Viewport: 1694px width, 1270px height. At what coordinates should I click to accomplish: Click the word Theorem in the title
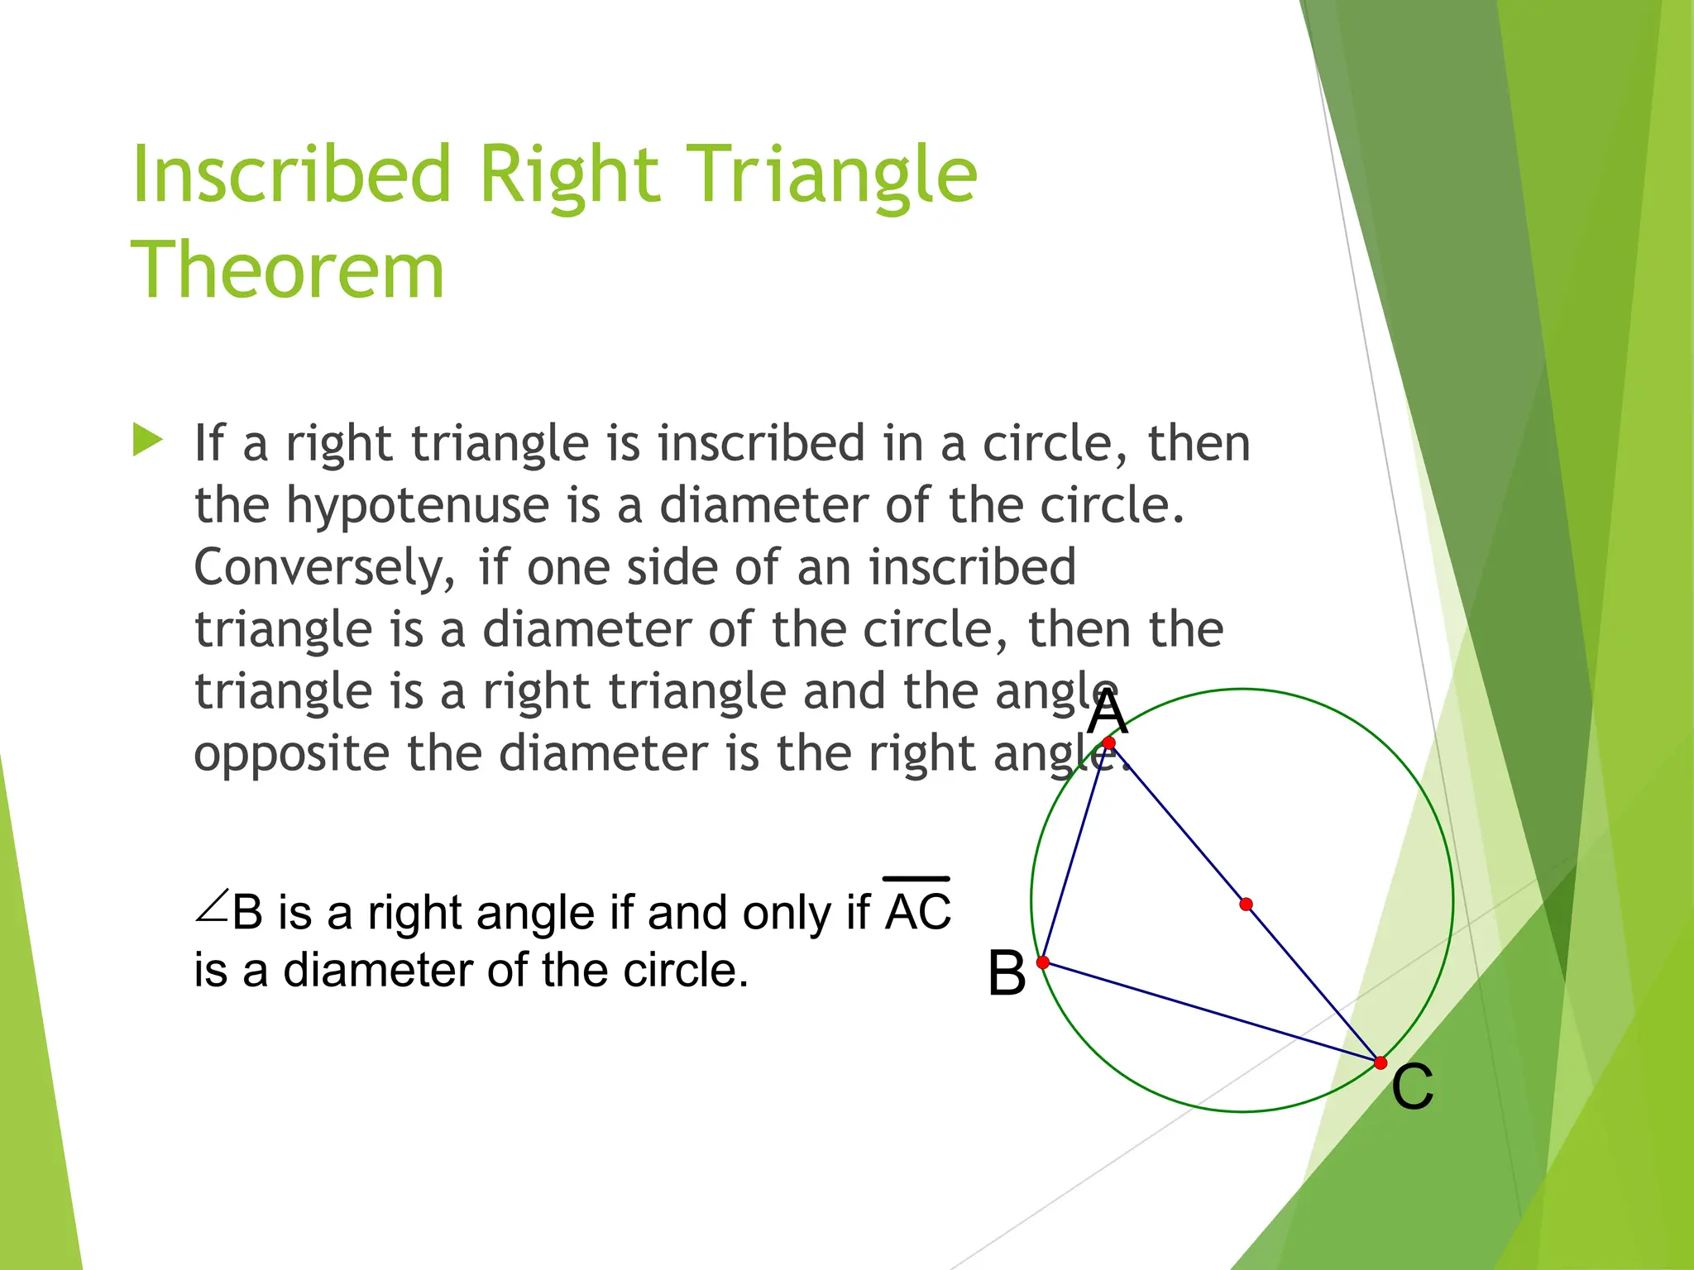tap(288, 270)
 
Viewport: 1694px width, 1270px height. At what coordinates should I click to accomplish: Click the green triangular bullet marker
tap(147, 440)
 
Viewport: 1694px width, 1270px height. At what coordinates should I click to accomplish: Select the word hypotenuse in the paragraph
tap(418, 506)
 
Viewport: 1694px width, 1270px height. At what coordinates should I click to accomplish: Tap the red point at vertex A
tap(1109, 743)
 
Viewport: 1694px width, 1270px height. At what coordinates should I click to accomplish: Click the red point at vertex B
tap(1043, 962)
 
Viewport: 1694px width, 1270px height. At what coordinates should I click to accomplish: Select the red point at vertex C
tap(1380, 1062)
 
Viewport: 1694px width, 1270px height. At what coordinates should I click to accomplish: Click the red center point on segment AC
tap(1246, 905)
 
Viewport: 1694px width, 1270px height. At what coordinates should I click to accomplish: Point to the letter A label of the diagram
tap(1107, 713)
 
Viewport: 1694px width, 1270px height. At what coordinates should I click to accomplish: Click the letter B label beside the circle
tap(1007, 973)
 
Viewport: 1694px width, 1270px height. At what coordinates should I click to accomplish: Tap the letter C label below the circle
tap(1412, 1087)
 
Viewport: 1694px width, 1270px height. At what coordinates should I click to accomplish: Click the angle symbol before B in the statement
tap(212, 906)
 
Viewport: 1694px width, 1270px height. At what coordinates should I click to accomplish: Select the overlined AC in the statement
tap(918, 910)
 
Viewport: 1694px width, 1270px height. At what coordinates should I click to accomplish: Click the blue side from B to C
tap(1212, 1013)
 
